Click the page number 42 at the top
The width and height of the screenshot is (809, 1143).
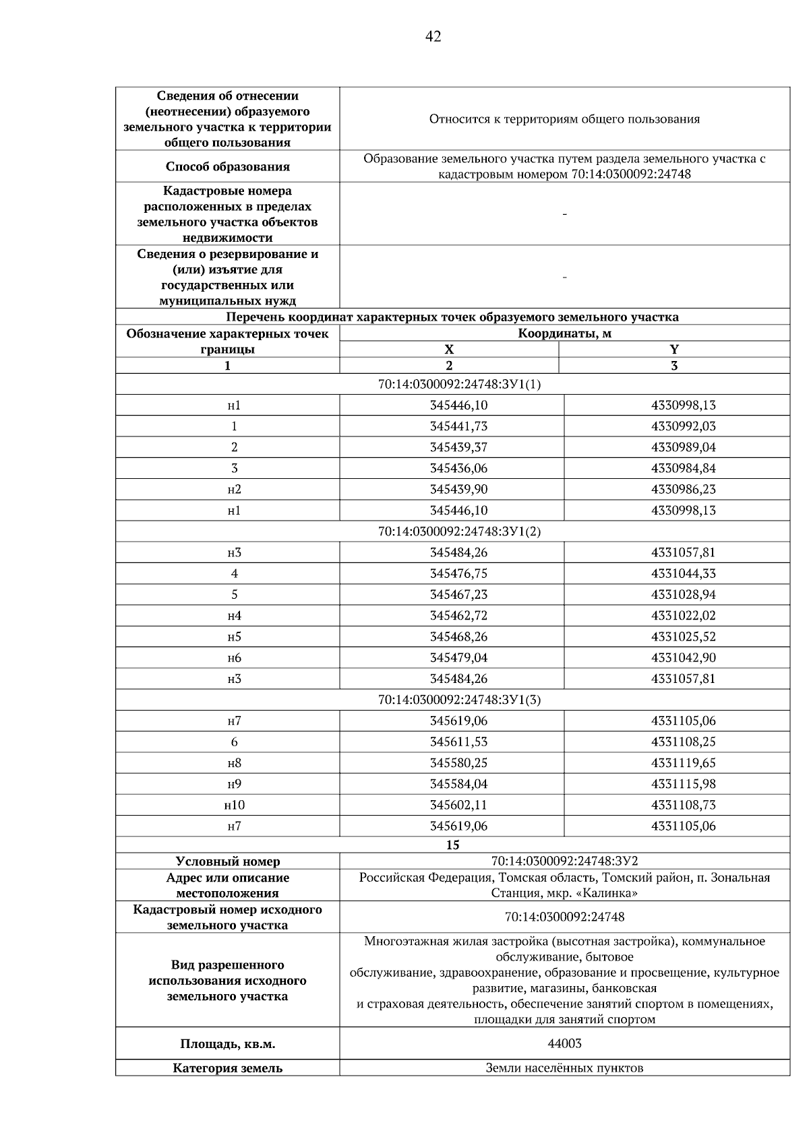(433, 37)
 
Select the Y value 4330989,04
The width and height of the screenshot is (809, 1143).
(683, 447)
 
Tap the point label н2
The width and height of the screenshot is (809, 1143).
(234, 489)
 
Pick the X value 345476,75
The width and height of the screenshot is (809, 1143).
(458, 573)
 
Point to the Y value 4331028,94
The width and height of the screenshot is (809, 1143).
(683, 595)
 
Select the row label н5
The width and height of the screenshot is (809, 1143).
(234, 636)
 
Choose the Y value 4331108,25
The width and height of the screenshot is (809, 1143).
(683, 742)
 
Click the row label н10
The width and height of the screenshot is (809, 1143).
(234, 805)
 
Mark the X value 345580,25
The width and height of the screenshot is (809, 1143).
(458, 763)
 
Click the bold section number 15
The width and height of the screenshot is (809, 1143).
(452, 845)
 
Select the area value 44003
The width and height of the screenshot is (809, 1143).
(564, 1043)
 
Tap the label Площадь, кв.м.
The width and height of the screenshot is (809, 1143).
(227, 1044)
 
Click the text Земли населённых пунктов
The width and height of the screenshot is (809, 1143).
(564, 1068)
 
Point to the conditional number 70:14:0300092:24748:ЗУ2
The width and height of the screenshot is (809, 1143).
(564, 861)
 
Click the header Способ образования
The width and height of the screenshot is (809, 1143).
(227, 166)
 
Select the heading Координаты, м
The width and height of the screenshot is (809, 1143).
(564, 333)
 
